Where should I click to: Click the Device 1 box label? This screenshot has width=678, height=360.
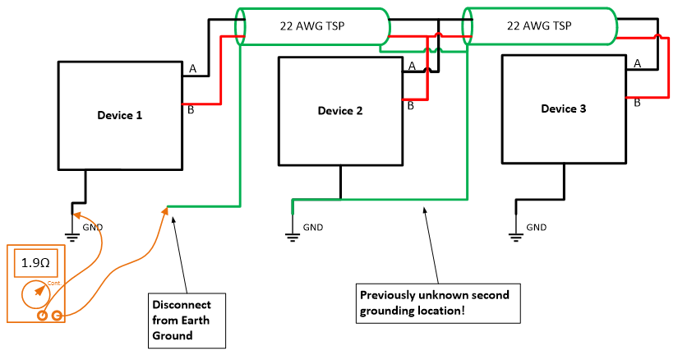point(120,115)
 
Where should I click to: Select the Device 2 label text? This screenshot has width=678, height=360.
point(340,111)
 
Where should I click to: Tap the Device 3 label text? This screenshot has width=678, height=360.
point(563,108)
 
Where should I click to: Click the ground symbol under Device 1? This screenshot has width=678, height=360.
point(72,237)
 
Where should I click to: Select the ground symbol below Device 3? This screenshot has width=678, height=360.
point(516,237)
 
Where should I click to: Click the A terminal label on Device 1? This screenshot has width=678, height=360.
point(192,70)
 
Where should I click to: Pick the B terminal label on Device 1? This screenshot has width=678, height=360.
point(191,111)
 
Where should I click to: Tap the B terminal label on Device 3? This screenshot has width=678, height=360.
point(636,104)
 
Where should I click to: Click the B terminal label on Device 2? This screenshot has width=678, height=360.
point(411,106)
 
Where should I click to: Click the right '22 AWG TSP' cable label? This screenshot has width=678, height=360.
point(537,25)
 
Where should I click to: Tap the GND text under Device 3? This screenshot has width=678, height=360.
point(536,227)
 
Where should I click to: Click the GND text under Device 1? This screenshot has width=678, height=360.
point(92,227)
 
